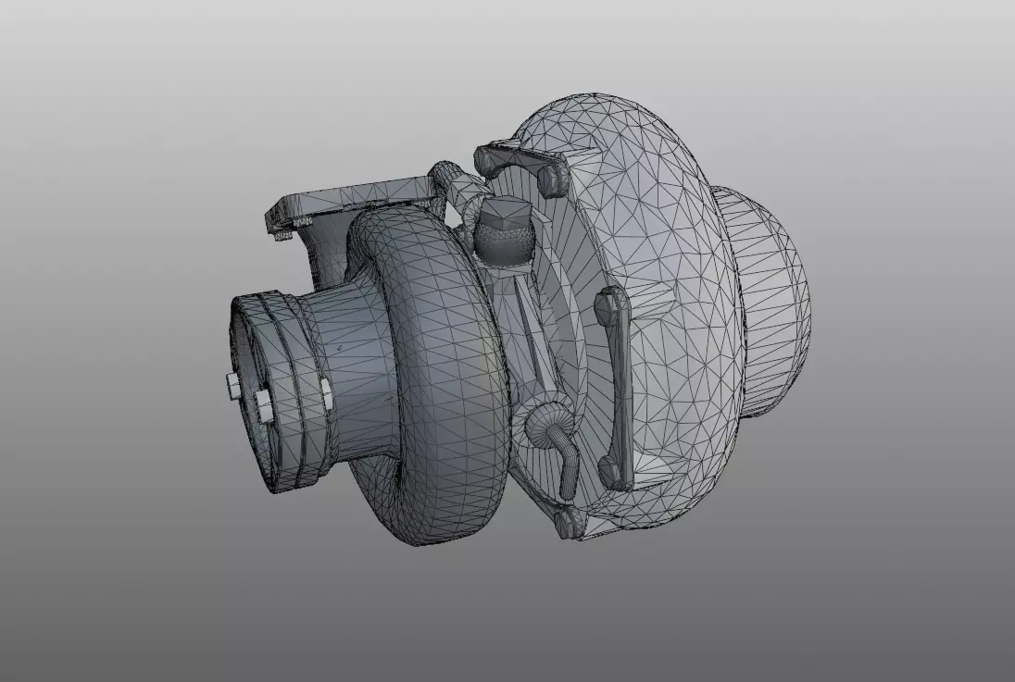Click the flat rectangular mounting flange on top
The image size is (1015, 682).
click(x=352, y=196)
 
